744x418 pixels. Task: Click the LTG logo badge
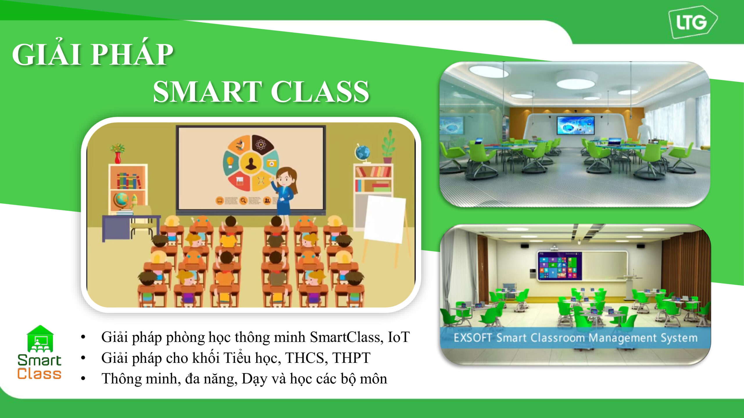(693, 22)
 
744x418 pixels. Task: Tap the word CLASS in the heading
(320, 91)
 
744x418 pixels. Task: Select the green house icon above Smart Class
(40, 339)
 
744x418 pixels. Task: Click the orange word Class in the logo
(39, 374)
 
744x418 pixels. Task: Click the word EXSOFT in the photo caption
(473, 338)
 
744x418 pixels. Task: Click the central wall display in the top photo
(576, 125)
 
